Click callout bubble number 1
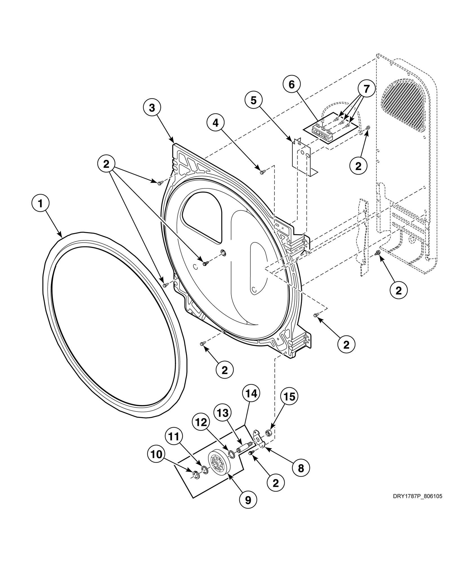[40, 204]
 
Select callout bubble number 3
[152, 108]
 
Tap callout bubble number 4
[216, 123]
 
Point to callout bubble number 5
[254, 100]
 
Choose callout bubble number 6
[292, 84]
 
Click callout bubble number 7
[366, 89]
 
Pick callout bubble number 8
[301, 468]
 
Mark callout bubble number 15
[289, 397]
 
